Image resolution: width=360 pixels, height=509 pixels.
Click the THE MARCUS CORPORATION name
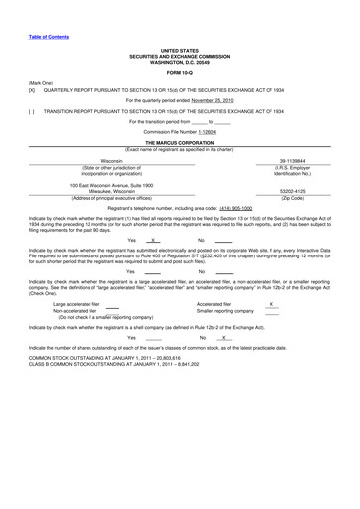[x=179, y=142]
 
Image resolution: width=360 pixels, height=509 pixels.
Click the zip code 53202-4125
[x=295, y=192]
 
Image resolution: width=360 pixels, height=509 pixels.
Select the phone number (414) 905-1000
[x=228, y=208]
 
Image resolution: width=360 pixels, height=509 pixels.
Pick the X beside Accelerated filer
[x=271, y=304]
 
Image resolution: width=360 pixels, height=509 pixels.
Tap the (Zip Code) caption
[x=295, y=199]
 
